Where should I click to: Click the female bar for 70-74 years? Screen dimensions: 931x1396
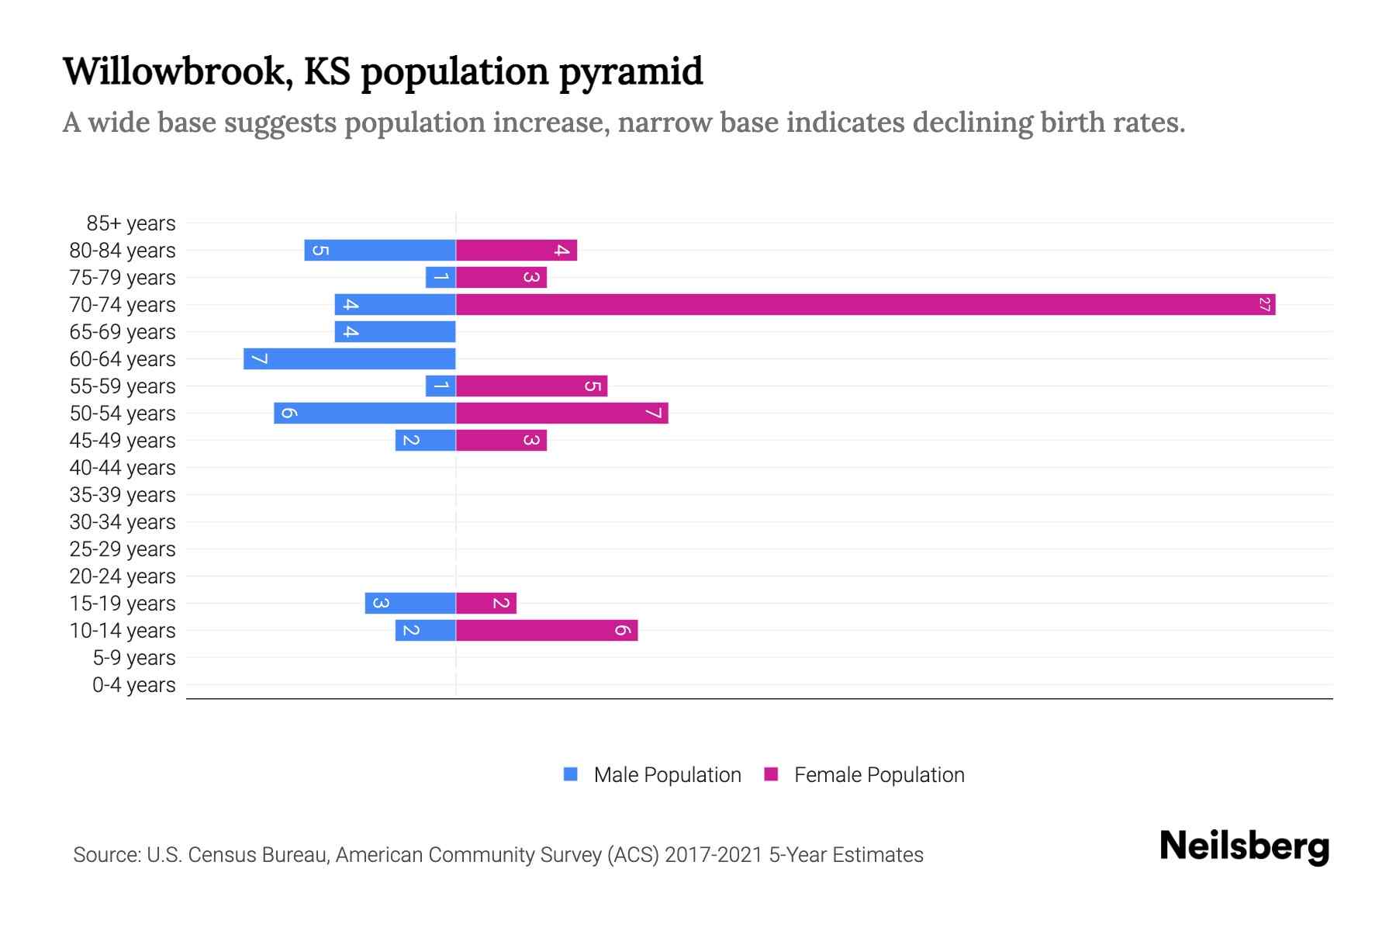coord(865,305)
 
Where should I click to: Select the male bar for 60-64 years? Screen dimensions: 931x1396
coord(349,359)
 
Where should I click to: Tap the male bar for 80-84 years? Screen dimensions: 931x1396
coord(380,251)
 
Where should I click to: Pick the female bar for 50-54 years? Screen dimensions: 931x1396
coord(562,414)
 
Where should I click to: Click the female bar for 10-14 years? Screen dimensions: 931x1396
coord(547,631)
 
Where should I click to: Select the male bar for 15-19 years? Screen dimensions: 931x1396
coord(410,604)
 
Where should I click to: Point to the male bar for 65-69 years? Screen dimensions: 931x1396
coord(395,332)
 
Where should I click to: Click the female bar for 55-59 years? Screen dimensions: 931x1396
coord(531,386)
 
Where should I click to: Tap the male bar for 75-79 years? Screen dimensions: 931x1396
coord(441,278)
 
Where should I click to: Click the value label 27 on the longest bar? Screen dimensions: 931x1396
coord(1264,305)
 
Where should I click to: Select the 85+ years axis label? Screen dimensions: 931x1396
coord(131,223)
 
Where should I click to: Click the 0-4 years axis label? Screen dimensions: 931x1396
coord(133,685)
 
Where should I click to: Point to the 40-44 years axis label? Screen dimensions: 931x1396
coord(123,468)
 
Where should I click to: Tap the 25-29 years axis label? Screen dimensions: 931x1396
coord(123,549)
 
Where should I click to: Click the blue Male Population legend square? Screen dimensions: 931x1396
coord(571,774)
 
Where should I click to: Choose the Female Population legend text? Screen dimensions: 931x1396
coord(879,775)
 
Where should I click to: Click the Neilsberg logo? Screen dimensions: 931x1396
coord(1244,846)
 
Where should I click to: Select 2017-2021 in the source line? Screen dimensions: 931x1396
coord(714,855)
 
